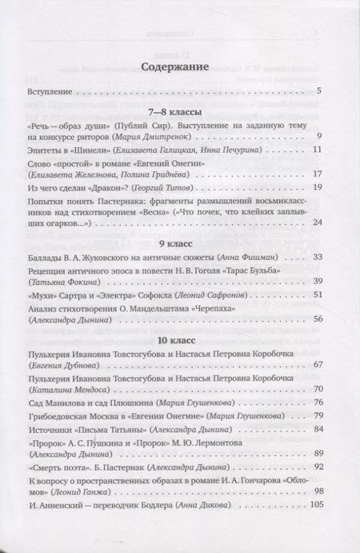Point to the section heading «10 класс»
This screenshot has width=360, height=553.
click(x=174, y=348)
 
